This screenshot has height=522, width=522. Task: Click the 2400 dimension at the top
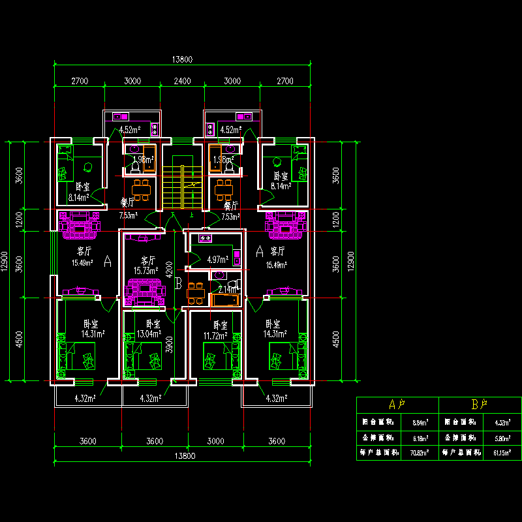pyautogui.click(x=182, y=82)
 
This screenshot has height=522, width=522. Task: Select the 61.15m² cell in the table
pyautogui.click(x=500, y=452)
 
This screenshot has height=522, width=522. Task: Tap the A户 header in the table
pyautogui.click(x=397, y=405)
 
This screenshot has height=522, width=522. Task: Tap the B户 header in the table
pyautogui.click(x=480, y=405)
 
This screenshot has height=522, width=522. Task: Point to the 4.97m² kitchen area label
pyautogui.click(x=217, y=260)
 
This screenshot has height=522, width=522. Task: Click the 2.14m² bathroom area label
pyautogui.click(x=228, y=289)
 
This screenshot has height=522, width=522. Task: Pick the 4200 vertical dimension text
pyautogui.click(x=169, y=269)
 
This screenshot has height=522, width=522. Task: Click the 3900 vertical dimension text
pyautogui.click(x=169, y=345)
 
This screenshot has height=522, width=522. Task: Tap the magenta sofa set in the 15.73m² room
pyautogui.click(x=145, y=291)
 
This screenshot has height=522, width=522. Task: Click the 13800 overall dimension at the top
pyautogui.click(x=182, y=59)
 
